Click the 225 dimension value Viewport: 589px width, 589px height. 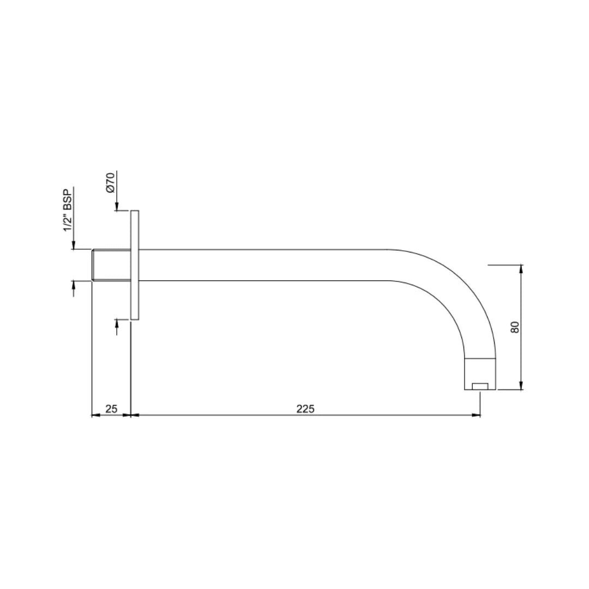pyautogui.click(x=305, y=408)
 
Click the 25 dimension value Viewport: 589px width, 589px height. pyautogui.click(x=111, y=408)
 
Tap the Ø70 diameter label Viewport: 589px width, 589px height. pyautogui.click(x=111, y=182)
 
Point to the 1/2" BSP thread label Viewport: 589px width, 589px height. pyautogui.click(x=68, y=211)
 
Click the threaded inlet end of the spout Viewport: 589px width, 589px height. pyautogui.click(x=111, y=265)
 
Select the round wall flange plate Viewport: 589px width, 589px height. pyautogui.click(x=135, y=265)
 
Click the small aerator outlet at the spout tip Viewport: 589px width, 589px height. pyautogui.click(x=480, y=387)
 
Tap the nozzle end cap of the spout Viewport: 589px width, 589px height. pyautogui.click(x=480, y=374)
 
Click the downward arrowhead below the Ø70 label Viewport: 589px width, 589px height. pyautogui.click(x=117, y=207)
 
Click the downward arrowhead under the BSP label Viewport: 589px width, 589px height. pyautogui.click(x=73, y=246)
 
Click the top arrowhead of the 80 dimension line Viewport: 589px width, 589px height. pyautogui.click(x=521, y=268)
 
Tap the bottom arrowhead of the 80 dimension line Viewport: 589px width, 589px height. pyautogui.click(x=521, y=386)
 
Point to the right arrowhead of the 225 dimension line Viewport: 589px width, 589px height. pyautogui.click(x=477, y=415)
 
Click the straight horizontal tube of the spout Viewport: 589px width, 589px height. pyautogui.click(x=262, y=265)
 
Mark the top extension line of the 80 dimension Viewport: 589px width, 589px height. pyautogui.click(x=504, y=265)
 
